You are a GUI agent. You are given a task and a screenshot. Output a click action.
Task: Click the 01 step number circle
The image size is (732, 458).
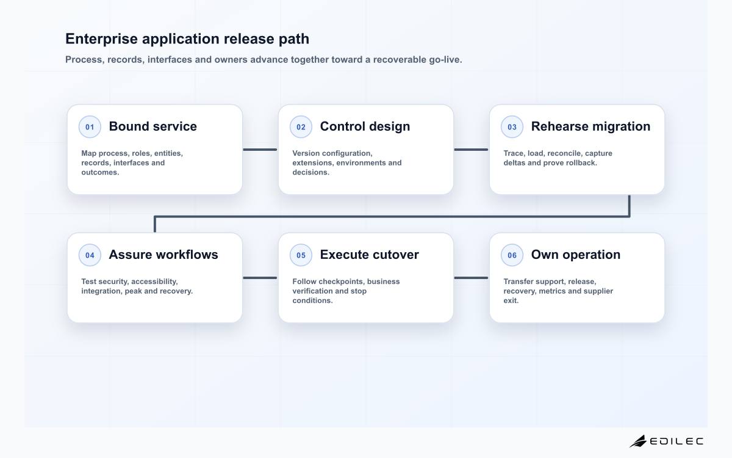(90, 126)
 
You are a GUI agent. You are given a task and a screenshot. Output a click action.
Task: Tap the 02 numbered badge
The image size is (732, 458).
(301, 126)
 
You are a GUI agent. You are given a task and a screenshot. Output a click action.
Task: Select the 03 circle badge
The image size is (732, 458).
(512, 126)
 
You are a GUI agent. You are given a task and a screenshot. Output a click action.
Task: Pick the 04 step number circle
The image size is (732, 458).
(90, 255)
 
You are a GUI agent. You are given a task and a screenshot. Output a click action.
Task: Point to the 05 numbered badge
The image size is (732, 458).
(301, 255)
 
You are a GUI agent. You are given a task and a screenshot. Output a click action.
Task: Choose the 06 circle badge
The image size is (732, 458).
(512, 255)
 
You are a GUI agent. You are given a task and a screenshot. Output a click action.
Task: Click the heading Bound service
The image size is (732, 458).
(152, 126)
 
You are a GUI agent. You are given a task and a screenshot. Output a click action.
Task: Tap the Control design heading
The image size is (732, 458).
(365, 126)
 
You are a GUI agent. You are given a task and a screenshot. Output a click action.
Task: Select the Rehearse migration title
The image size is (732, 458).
(590, 126)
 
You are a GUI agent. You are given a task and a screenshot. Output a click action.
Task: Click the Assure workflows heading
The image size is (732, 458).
(163, 255)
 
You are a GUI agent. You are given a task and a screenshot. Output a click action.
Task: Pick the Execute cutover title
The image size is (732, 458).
(369, 255)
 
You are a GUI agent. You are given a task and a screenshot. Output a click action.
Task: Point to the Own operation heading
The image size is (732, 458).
(575, 255)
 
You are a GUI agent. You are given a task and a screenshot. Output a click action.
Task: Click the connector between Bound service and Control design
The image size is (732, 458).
(260, 150)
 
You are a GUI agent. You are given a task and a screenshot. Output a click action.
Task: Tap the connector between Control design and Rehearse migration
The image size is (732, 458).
(471, 150)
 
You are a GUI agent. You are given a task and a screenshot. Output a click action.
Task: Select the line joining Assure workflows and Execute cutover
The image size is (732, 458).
(260, 278)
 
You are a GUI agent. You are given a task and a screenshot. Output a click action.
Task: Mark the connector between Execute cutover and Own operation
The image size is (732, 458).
(471, 278)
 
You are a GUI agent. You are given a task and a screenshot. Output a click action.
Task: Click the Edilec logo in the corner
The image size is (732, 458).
(666, 441)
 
